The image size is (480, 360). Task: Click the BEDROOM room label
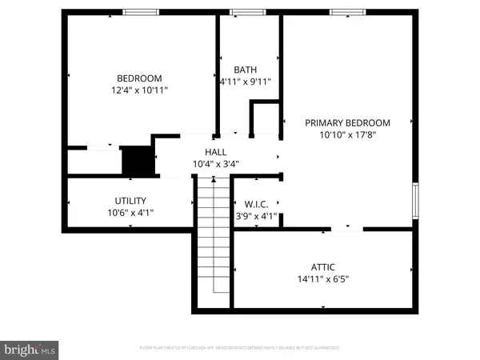139,78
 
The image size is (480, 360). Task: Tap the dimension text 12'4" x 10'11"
139,91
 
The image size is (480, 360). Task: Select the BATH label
245,70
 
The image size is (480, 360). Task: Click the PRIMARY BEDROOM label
347,122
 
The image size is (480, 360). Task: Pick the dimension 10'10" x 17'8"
347,135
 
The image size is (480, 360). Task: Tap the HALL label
215,151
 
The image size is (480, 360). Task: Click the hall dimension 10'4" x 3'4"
215,164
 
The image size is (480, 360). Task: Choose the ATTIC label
323,267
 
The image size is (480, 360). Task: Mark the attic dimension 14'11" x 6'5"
323,280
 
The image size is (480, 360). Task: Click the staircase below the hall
212,240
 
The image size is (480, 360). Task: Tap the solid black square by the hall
136,161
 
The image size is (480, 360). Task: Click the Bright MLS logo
30,350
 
